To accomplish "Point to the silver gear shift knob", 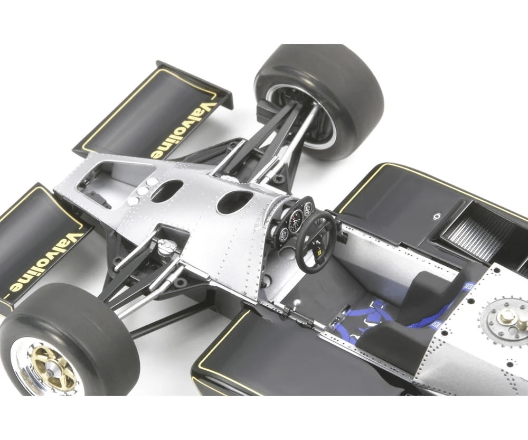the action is click(x=297, y=302).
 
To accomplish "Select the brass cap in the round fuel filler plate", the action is click(x=505, y=317).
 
